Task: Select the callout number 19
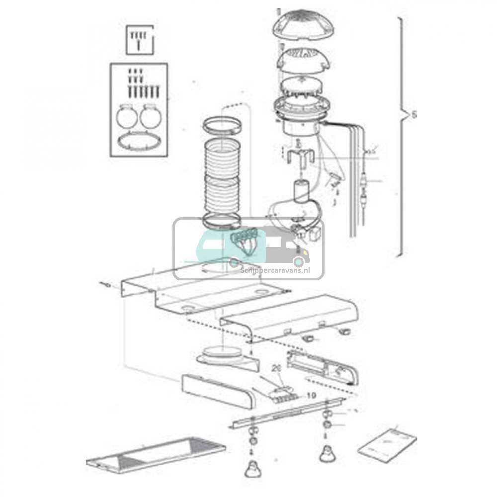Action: [312, 396]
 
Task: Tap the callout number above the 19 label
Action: [277, 369]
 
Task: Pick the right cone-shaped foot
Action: [327, 453]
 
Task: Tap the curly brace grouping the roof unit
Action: [400, 137]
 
